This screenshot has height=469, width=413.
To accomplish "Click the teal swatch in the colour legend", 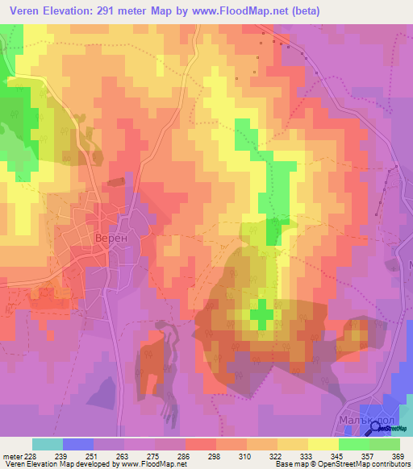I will click(x=48, y=444).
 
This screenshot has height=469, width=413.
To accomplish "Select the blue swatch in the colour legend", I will click(x=78, y=444).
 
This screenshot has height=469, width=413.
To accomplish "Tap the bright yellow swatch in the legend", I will click(x=323, y=444).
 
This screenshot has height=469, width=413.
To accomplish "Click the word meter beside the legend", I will click(x=11, y=456).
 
